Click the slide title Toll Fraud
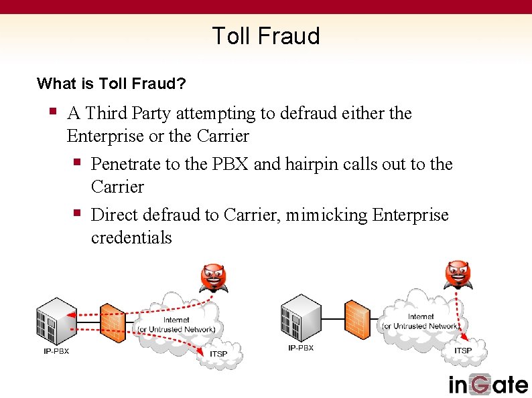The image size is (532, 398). pos(266,35)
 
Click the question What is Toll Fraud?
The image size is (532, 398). pos(112,84)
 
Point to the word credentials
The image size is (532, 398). pos(131,237)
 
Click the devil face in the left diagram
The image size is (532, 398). pos(214,276)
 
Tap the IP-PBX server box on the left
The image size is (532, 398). pos(54,319)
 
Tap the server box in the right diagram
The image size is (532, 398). pos(299,316)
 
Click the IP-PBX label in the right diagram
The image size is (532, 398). pos(300,348)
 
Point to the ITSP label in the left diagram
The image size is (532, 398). pos(218,354)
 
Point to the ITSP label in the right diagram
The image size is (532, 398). pos(463,351)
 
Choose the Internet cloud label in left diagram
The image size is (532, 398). pos(176,325)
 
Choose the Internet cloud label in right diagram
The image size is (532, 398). pos(421,322)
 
